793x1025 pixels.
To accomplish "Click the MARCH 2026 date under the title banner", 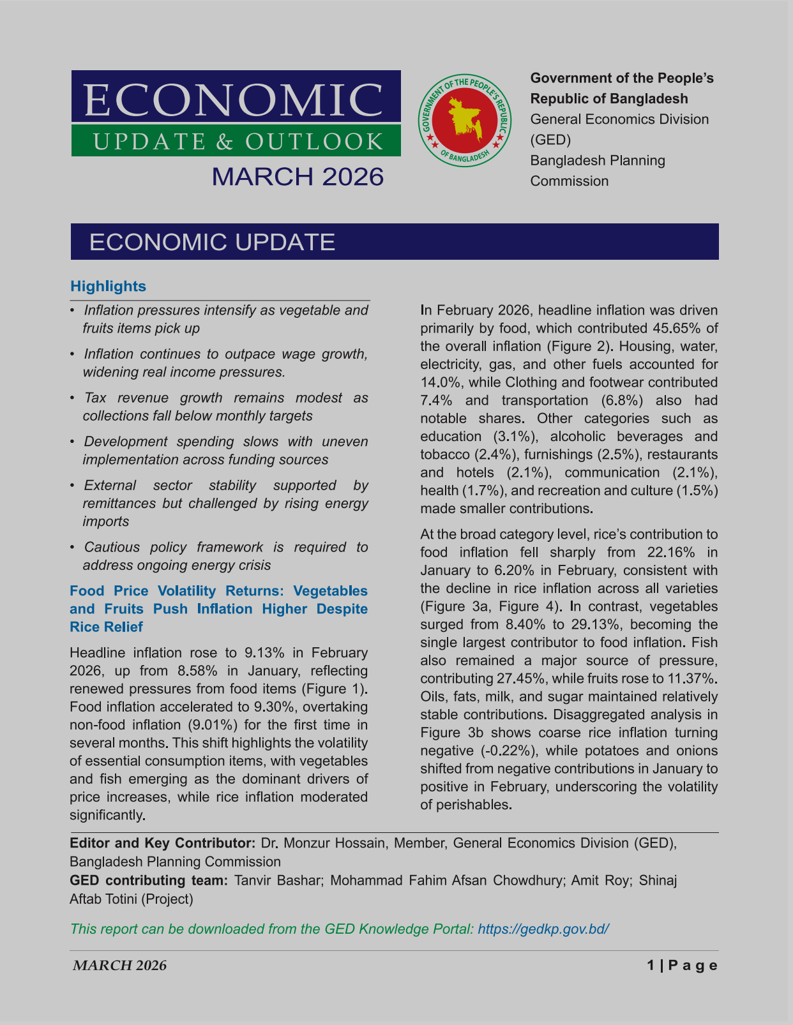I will (x=298, y=177).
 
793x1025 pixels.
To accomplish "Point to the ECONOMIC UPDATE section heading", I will (x=212, y=242).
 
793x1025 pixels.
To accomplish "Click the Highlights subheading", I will (x=108, y=286).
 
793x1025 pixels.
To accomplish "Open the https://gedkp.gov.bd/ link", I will (x=543, y=929).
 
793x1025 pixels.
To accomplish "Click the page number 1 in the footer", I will (x=651, y=966).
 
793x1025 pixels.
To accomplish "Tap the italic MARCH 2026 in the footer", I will (x=119, y=966).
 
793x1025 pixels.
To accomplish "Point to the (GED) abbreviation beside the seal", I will (x=550, y=140).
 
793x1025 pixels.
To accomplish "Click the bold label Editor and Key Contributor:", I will (x=163, y=843).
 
